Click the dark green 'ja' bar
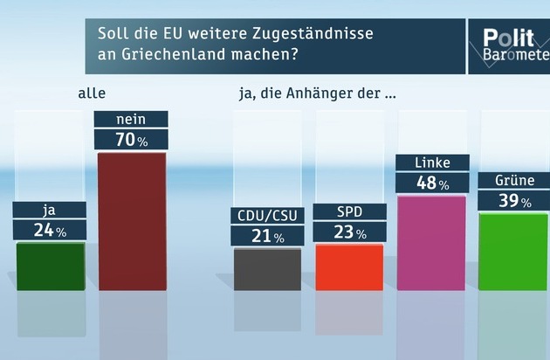click(51, 266)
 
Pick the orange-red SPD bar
click(349, 267)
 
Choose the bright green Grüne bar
click(513, 251)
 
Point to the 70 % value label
click(131, 138)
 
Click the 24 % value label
click(51, 230)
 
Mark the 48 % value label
click(431, 183)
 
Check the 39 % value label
click(513, 201)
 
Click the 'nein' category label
click(131, 119)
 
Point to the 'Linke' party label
click(431, 163)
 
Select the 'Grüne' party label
click(513, 181)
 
